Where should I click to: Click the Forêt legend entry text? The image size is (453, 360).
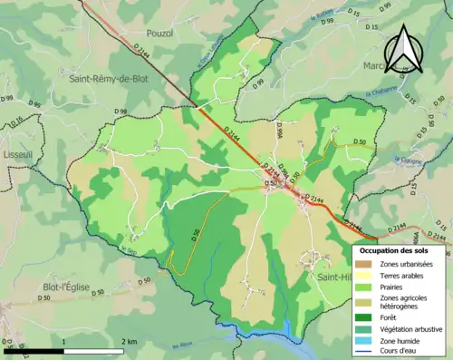[x=392, y=316]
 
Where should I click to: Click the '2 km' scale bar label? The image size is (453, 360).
[x=130, y=342]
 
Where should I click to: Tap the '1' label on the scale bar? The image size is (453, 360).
[x=63, y=342]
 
